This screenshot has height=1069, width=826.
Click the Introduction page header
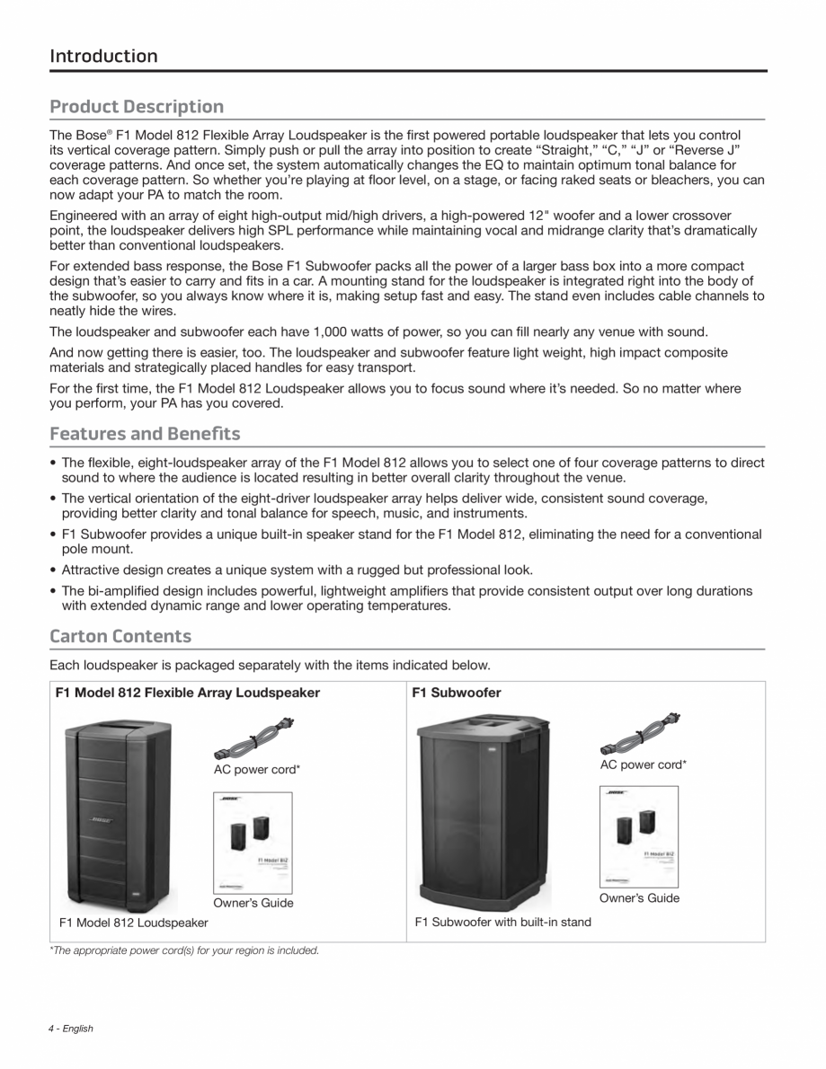click(103, 56)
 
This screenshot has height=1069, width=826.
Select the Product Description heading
click(137, 107)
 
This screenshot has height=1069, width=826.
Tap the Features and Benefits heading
click(145, 434)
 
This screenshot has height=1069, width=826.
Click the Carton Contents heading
click(120, 636)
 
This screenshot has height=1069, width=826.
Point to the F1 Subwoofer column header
click(456, 693)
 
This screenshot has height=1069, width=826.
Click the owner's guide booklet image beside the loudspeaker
click(253, 843)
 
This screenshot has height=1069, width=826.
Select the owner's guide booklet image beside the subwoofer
click(639, 836)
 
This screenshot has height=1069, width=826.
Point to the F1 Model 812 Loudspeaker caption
click(133, 923)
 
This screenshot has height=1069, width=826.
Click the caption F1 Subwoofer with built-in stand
click(502, 923)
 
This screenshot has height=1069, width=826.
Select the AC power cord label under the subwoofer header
click(643, 764)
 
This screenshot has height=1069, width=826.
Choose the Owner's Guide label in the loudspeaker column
click(253, 903)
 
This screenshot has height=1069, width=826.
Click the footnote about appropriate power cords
click(184, 950)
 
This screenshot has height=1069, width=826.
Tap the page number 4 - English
click(71, 1029)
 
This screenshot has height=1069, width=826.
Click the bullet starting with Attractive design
click(297, 570)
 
